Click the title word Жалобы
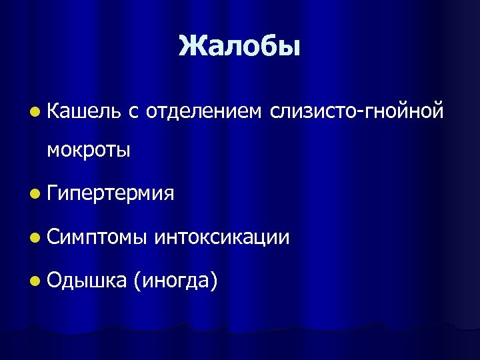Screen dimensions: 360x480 (x=240, y=46)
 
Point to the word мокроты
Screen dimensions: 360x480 (x=89, y=150)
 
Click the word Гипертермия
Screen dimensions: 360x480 (x=111, y=194)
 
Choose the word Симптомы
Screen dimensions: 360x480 (x=94, y=237)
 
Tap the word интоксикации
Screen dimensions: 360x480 (x=222, y=237)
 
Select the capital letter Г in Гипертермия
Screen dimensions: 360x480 (x=53, y=193)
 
